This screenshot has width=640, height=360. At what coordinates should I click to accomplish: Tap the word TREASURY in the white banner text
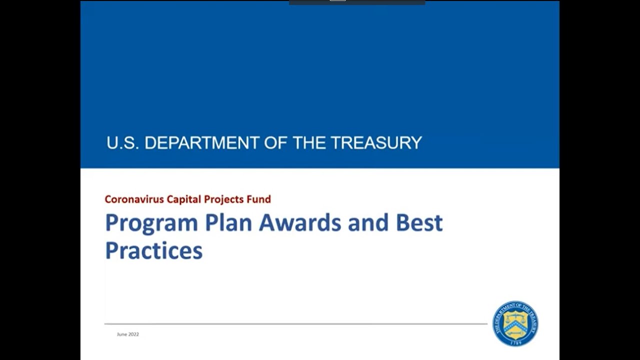[376, 143]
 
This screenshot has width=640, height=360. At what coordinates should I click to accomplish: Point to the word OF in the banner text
[279, 143]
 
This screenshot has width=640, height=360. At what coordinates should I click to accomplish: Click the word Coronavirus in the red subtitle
[133, 199]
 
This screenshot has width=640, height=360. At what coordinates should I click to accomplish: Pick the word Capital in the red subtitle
[183, 199]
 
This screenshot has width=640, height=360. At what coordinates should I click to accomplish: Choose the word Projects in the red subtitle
[223, 199]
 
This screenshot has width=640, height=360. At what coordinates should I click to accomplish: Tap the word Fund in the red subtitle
[259, 199]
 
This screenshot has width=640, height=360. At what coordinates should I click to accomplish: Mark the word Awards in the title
[299, 222]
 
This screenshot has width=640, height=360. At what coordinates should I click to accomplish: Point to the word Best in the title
[419, 222]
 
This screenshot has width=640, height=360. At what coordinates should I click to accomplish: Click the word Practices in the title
[153, 250]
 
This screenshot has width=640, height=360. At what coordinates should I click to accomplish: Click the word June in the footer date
[122, 334]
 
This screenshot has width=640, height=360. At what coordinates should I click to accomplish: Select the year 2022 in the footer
[133, 334]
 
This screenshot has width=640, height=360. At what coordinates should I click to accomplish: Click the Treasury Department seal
[515, 323]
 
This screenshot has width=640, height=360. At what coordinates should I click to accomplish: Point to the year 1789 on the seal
[515, 342]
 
